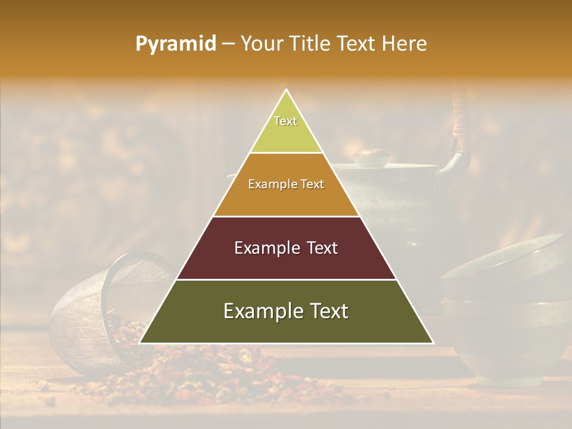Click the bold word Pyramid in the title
click(175, 44)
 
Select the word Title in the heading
click(308, 44)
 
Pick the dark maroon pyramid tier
click(286, 262)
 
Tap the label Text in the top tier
click(285, 121)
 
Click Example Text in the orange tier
click(286, 184)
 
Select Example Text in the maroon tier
click(286, 248)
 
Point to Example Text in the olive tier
click(286, 311)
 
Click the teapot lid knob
click(370, 156)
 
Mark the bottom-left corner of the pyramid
click(140, 343)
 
